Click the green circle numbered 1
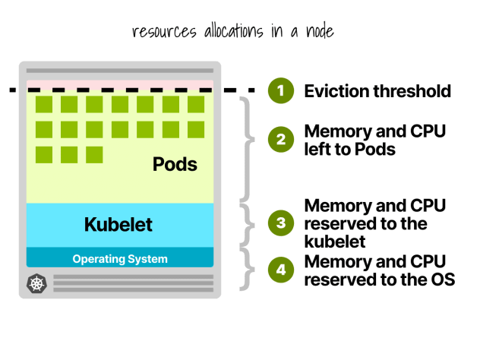[x=280, y=91]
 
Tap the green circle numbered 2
[x=280, y=140]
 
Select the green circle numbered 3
[x=280, y=223]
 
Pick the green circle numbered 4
[x=280, y=270]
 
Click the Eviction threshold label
[x=377, y=91]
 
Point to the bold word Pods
[x=175, y=163]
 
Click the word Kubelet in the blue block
[x=118, y=225]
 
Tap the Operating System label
[x=120, y=259]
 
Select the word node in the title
[x=313, y=32]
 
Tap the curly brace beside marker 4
[x=248, y=268]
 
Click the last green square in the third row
[x=94, y=155]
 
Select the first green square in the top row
[x=44, y=104]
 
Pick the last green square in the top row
[x=196, y=104]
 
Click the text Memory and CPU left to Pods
[x=374, y=140]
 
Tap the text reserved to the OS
[x=379, y=279]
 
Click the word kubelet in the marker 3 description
[x=335, y=242]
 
